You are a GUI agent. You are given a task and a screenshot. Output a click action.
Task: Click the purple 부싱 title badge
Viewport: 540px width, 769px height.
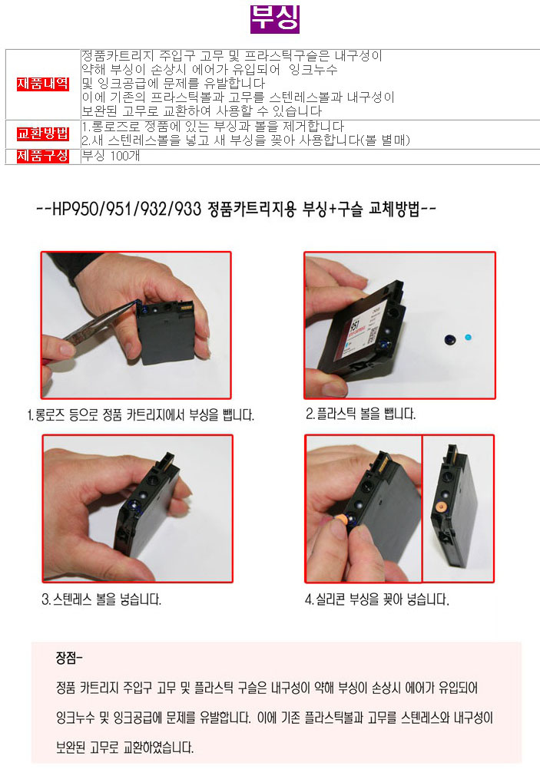coord(274,19)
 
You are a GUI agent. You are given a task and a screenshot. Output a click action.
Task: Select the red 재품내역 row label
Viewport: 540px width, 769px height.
coord(43,84)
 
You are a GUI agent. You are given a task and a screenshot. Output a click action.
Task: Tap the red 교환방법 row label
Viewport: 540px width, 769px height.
coord(43,134)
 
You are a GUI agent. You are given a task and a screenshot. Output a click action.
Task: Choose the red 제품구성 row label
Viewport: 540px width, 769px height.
coord(43,156)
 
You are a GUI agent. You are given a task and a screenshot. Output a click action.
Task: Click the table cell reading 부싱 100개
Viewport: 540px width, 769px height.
coord(111,156)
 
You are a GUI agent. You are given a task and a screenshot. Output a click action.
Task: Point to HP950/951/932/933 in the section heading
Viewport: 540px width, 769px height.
coord(127,210)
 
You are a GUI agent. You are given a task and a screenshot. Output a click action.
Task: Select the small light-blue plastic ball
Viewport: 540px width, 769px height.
coord(468,337)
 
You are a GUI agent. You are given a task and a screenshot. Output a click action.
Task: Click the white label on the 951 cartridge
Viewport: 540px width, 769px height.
coord(371,324)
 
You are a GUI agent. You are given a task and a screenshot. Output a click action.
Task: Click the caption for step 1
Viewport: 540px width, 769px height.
coord(141,415)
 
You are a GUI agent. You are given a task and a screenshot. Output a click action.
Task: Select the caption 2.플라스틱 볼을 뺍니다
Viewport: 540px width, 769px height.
coord(360,414)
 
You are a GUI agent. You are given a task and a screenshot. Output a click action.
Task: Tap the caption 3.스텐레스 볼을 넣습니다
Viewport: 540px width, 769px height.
coord(101,599)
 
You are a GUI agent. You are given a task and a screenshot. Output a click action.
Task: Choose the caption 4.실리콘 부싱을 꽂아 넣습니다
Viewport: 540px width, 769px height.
coord(377,599)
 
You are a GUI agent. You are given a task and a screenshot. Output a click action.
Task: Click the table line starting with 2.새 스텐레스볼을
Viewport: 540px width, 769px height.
coord(246,140)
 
